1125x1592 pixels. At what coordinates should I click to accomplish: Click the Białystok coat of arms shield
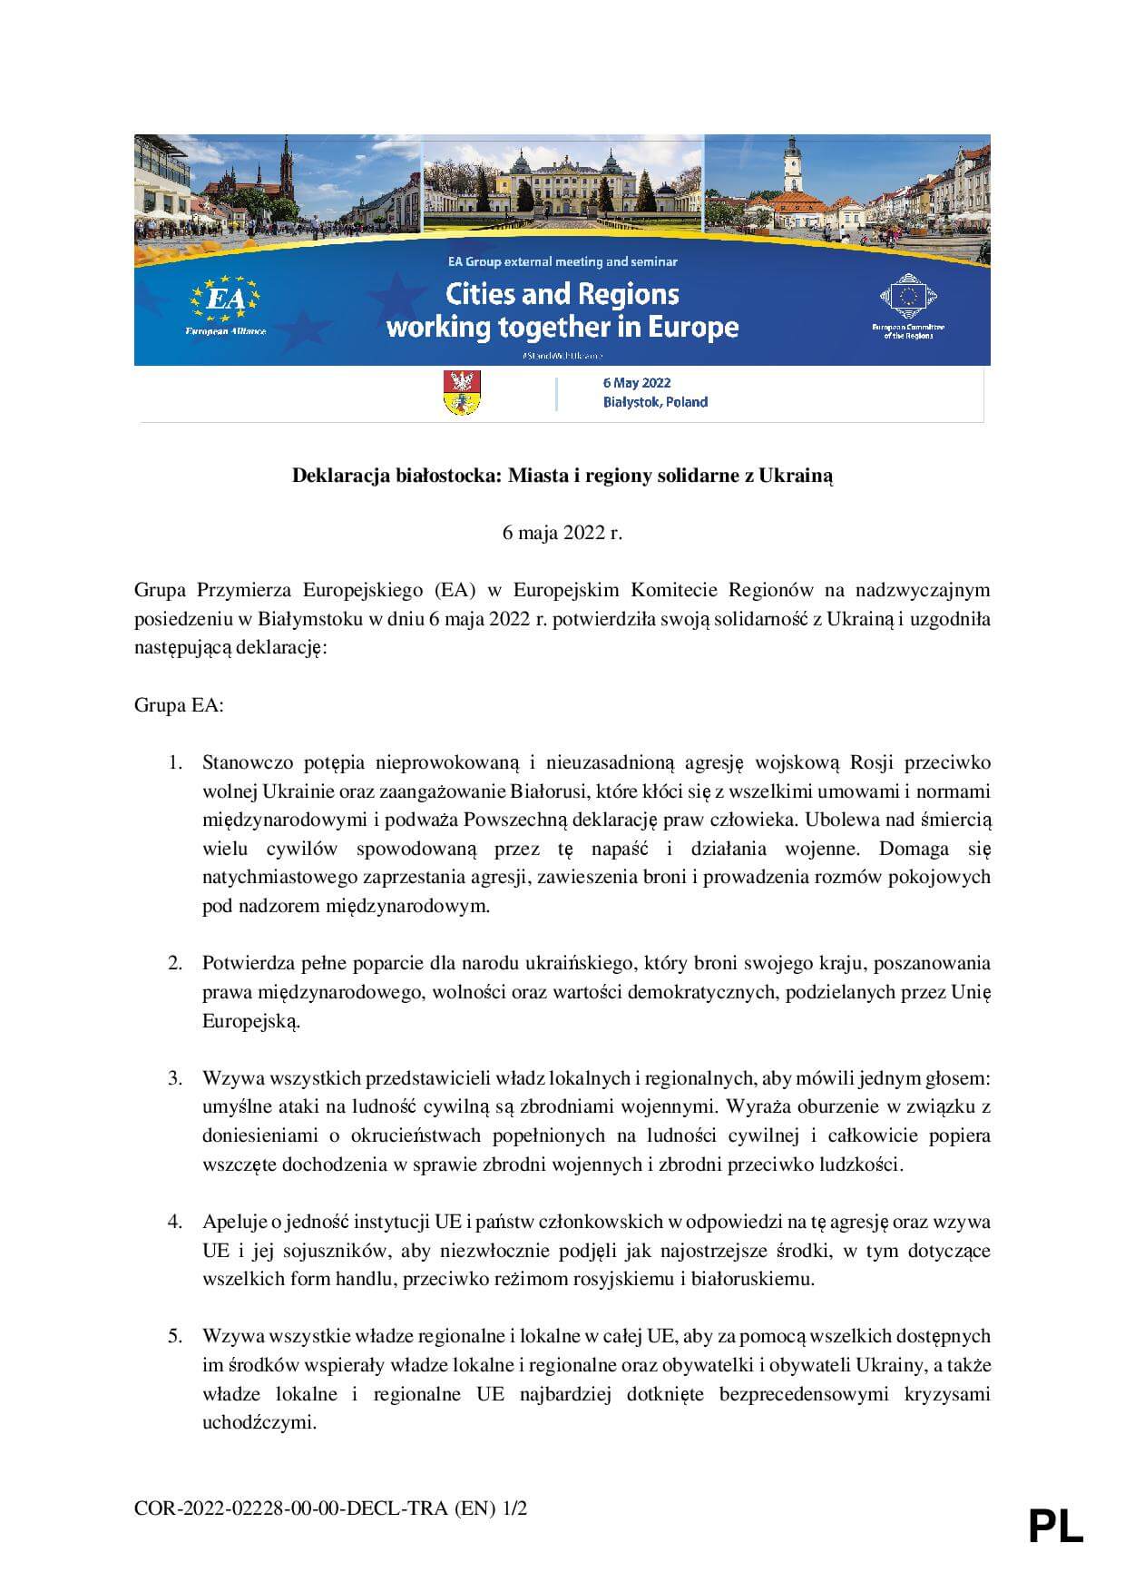pos(462,393)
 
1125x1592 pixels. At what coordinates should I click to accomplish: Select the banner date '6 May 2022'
pos(637,383)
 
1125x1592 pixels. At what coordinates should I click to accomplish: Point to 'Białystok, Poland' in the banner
pos(655,402)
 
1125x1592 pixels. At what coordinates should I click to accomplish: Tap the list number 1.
pos(176,762)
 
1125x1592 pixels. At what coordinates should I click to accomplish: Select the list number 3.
pos(175,1078)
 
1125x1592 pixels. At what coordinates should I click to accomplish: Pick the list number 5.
pos(175,1336)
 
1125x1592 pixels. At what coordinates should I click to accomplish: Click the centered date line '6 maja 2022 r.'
pos(562,533)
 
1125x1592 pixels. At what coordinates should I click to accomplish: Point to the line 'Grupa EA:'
pos(179,705)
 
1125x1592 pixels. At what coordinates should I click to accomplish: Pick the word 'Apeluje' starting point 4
pos(233,1222)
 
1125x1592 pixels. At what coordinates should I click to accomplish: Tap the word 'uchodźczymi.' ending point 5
pos(259,1422)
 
